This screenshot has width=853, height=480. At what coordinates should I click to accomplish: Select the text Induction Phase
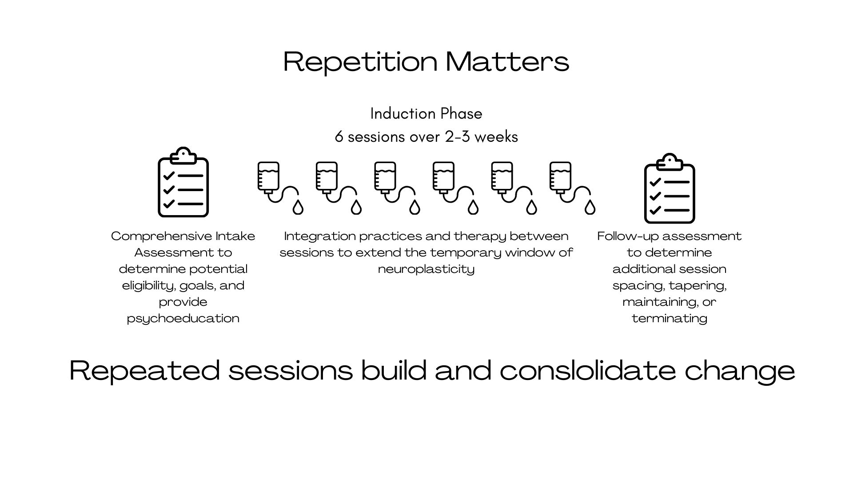[x=426, y=114]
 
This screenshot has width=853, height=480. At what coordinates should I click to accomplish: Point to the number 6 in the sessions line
[x=339, y=136]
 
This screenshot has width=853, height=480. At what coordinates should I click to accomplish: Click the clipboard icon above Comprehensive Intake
[x=183, y=183]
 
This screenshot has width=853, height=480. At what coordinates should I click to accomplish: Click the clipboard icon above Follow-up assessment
[x=670, y=189]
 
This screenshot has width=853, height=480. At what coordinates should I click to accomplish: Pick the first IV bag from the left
[x=269, y=177]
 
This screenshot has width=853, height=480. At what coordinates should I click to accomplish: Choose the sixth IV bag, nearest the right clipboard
[x=561, y=177]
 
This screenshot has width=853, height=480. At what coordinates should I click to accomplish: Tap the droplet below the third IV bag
[x=415, y=207]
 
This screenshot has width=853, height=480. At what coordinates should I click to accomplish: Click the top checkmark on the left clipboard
[x=169, y=176]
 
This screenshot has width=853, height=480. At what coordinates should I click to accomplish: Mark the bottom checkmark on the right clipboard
[x=655, y=210]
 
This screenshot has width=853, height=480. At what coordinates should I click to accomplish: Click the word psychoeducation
[x=183, y=318]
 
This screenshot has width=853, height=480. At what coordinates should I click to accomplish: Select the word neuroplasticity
[x=426, y=269]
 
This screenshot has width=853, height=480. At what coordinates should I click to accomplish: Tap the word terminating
[x=670, y=318]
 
